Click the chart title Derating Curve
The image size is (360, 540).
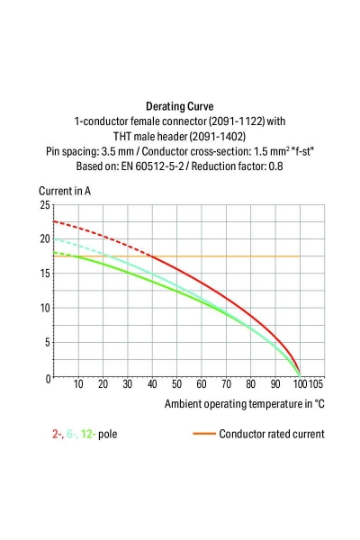pyautogui.click(x=179, y=105)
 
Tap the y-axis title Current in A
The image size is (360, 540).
pyautogui.click(x=64, y=192)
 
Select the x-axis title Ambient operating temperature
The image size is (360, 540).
pyautogui.click(x=244, y=404)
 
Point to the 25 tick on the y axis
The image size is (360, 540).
pyautogui.click(x=44, y=205)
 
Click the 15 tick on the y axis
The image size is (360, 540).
pyautogui.click(x=44, y=274)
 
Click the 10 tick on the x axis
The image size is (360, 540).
pyautogui.click(x=78, y=385)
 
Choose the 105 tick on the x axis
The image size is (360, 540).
pyautogui.click(x=316, y=385)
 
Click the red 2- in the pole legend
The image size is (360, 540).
pyautogui.click(x=58, y=434)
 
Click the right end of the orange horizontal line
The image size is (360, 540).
pyautogui.click(x=299, y=256)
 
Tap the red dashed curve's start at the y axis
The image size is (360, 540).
pyautogui.click(x=55, y=220)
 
